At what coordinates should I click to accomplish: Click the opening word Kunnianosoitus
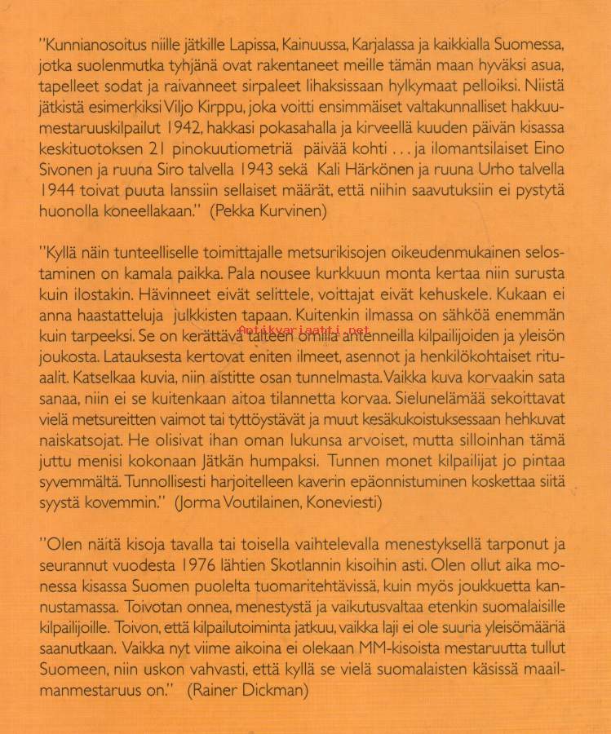[92, 41]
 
